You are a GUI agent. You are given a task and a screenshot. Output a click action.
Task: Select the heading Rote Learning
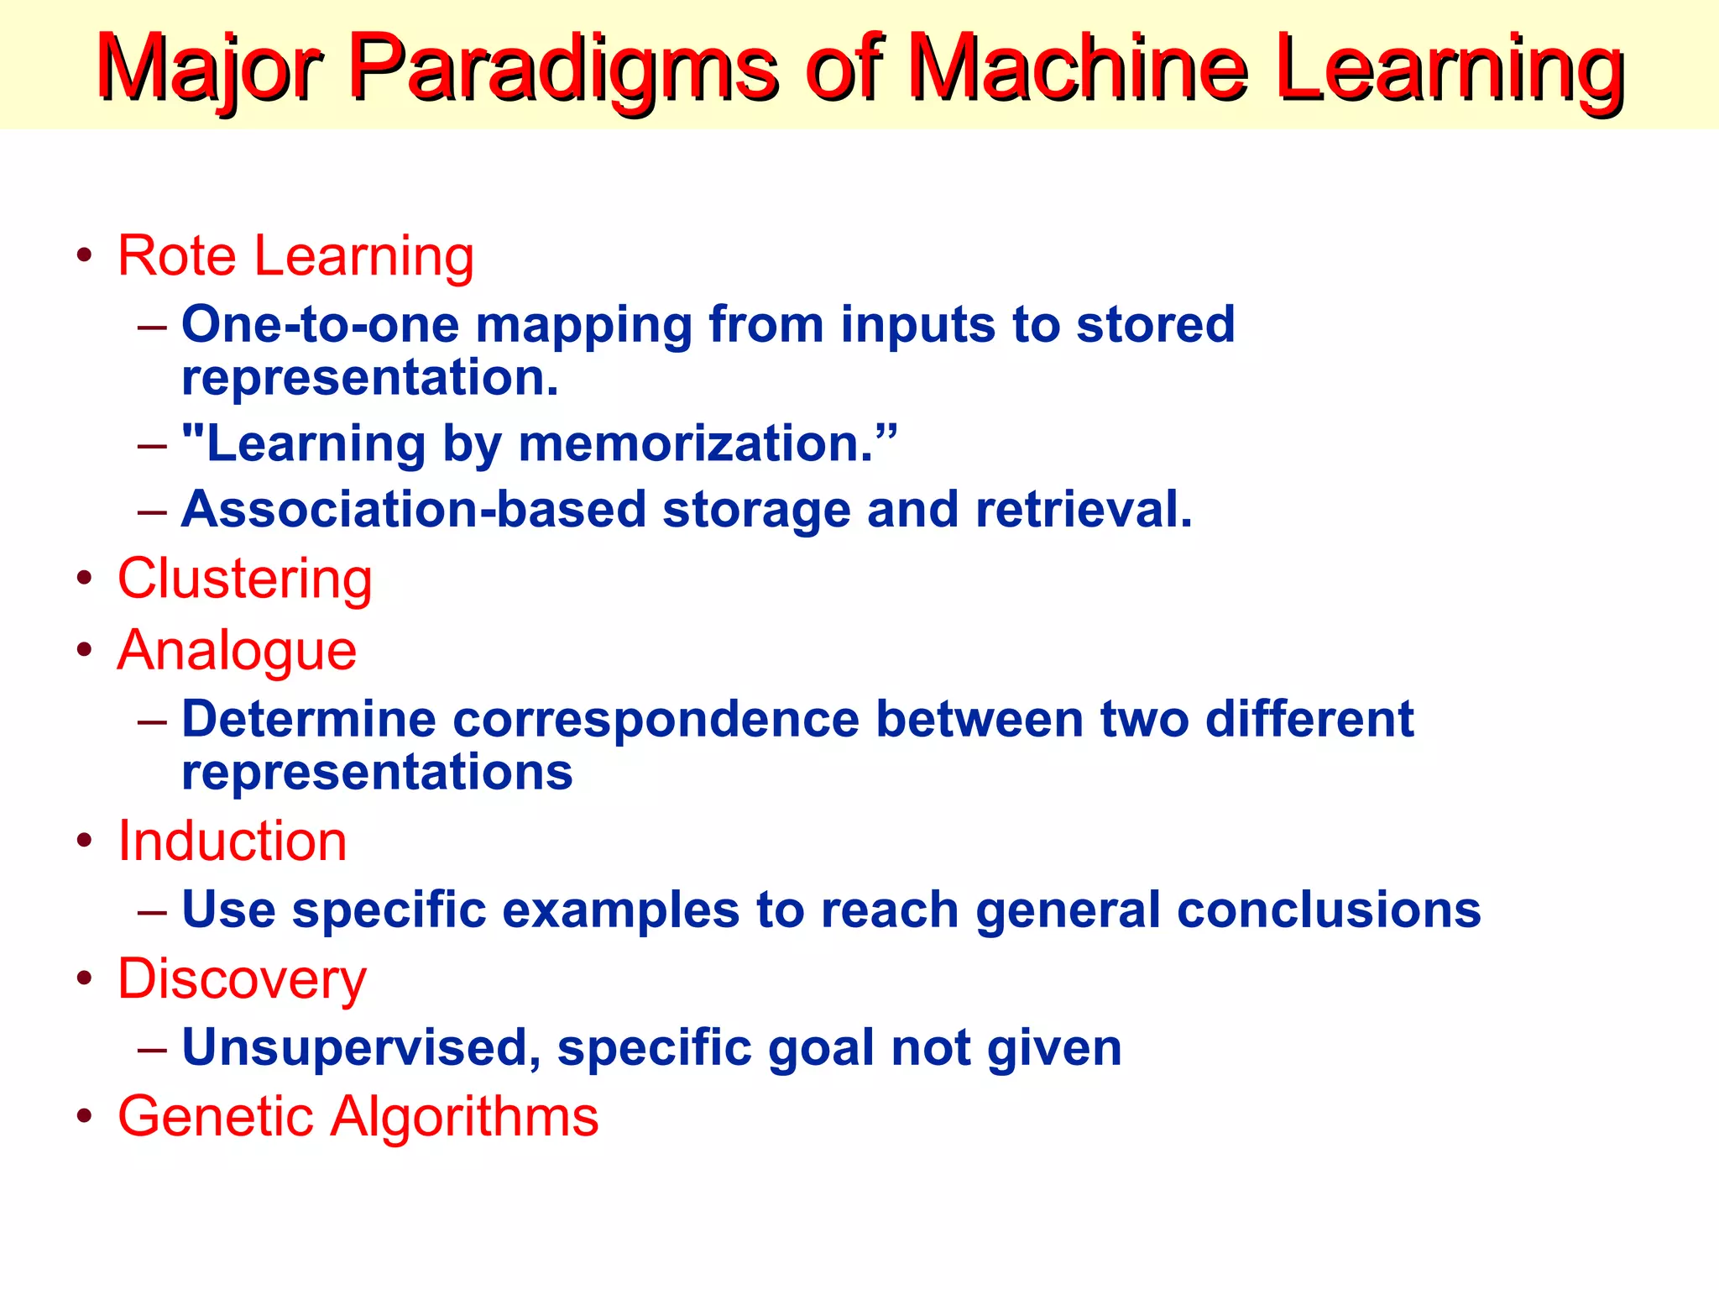click(295, 255)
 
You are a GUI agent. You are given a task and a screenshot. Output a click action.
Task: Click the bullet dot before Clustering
click(84, 579)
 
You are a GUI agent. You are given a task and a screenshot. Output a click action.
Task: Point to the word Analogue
click(237, 650)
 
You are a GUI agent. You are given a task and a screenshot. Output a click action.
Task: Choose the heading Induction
click(232, 841)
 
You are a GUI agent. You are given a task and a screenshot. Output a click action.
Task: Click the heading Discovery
click(242, 979)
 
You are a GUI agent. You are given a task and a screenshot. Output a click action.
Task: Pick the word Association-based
click(414, 510)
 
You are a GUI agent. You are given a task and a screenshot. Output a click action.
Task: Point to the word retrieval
click(1083, 510)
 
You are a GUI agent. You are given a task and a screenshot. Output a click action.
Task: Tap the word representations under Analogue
click(377, 773)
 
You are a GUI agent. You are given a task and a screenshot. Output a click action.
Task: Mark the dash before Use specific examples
click(152, 910)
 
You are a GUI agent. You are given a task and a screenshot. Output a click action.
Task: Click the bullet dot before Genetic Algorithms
click(84, 1116)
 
